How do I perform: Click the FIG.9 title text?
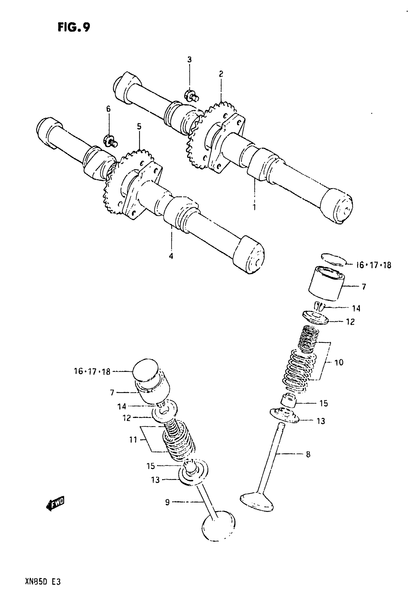pos(74,27)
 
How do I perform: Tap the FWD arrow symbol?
pos(55,503)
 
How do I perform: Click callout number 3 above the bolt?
pos(189,60)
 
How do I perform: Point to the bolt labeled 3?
pos(191,96)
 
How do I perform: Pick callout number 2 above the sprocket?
pos(221,74)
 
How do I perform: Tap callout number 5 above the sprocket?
pos(139,126)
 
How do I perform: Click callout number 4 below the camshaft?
pos(171,256)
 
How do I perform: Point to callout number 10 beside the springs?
pos(339,363)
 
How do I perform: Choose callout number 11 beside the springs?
pos(133,440)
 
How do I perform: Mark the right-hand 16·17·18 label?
pos(373,265)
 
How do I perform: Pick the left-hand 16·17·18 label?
pos(92,371)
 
